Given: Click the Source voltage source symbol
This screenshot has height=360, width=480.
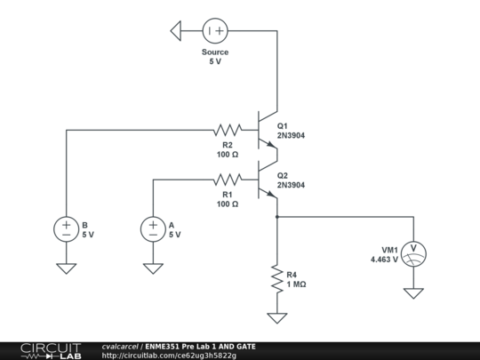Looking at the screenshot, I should click(x=214, y=31).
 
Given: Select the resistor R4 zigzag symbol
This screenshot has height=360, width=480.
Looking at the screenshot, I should click(x=277, y=279).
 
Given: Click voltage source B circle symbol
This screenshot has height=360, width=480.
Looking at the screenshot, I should click(x=67, y=229).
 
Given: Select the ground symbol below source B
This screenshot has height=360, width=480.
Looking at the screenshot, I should click(x=67, y=267).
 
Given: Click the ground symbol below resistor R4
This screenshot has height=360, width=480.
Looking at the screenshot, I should click(x=277, y=316).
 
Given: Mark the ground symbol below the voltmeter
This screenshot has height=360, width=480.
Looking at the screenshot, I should click(x=412, y=292).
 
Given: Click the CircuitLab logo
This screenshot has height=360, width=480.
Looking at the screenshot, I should click(x=41, y=350).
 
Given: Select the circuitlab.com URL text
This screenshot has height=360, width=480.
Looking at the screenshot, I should click(x=169, y=356).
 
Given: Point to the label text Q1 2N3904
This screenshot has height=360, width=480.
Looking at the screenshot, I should click(x=292, y=131).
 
